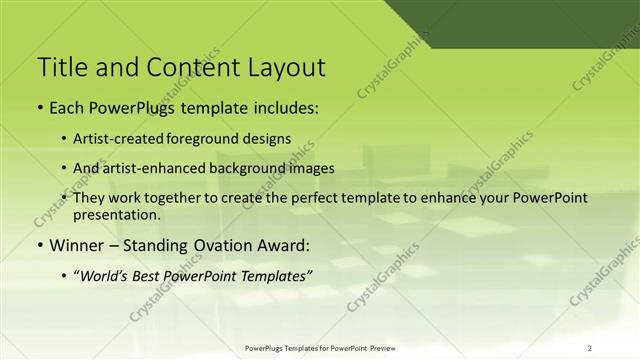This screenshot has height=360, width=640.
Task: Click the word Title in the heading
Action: pyautogui.click(x=61, y=68)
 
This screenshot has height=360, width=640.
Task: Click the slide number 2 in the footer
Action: pyautogui.click(x=590, y=348)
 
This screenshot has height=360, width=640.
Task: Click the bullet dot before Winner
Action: pyautogui.click(x=39, y=246)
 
